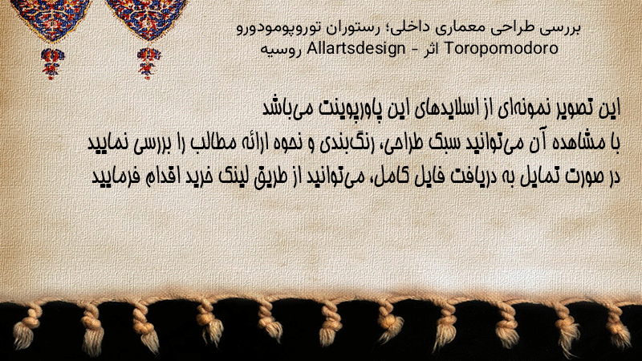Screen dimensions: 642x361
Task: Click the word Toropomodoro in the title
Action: point(501,49)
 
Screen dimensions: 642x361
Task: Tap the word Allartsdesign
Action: point(356,49)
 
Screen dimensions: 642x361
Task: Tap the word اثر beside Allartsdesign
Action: point(432,49)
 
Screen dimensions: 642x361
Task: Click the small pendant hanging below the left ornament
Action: point(51,63)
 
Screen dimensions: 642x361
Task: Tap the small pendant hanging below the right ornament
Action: point(148,63)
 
